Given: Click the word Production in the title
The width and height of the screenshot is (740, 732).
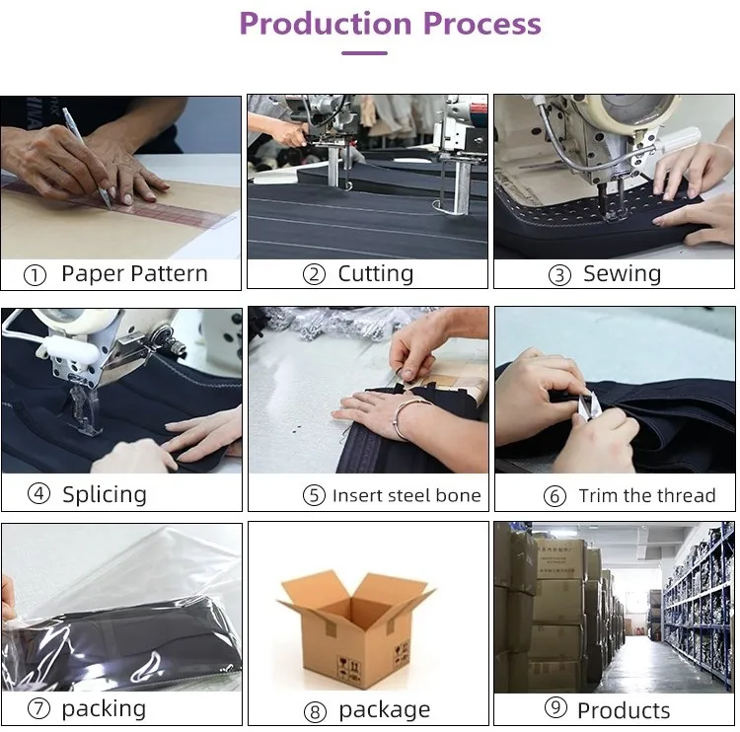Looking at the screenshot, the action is point(327,24).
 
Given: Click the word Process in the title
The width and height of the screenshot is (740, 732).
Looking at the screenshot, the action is point(482,24).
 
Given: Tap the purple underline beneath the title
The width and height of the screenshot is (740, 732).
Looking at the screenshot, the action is point(364,53).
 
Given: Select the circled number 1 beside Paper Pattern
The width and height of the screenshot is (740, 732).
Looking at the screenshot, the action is point(35,275).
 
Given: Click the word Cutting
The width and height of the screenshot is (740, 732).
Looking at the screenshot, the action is point(376,273).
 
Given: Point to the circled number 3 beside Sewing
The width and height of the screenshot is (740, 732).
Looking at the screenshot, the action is point(559,275).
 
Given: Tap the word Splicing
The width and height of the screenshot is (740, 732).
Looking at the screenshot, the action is point(105,495).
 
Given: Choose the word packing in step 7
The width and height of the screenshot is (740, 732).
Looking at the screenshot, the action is point(104,709).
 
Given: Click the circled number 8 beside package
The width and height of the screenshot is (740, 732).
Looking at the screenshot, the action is point(315,711).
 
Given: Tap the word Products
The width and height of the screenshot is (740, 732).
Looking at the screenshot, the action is point(624,710).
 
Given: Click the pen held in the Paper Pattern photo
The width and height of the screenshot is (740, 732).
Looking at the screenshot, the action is point(87,157).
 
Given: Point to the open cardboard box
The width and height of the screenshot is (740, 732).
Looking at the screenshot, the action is point(355,630).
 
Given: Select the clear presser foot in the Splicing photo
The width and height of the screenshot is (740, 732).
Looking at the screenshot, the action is point(84,409).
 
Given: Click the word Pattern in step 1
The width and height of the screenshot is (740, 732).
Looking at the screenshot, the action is point(169,273).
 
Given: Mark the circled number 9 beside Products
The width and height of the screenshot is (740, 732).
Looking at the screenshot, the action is point(555,707).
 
